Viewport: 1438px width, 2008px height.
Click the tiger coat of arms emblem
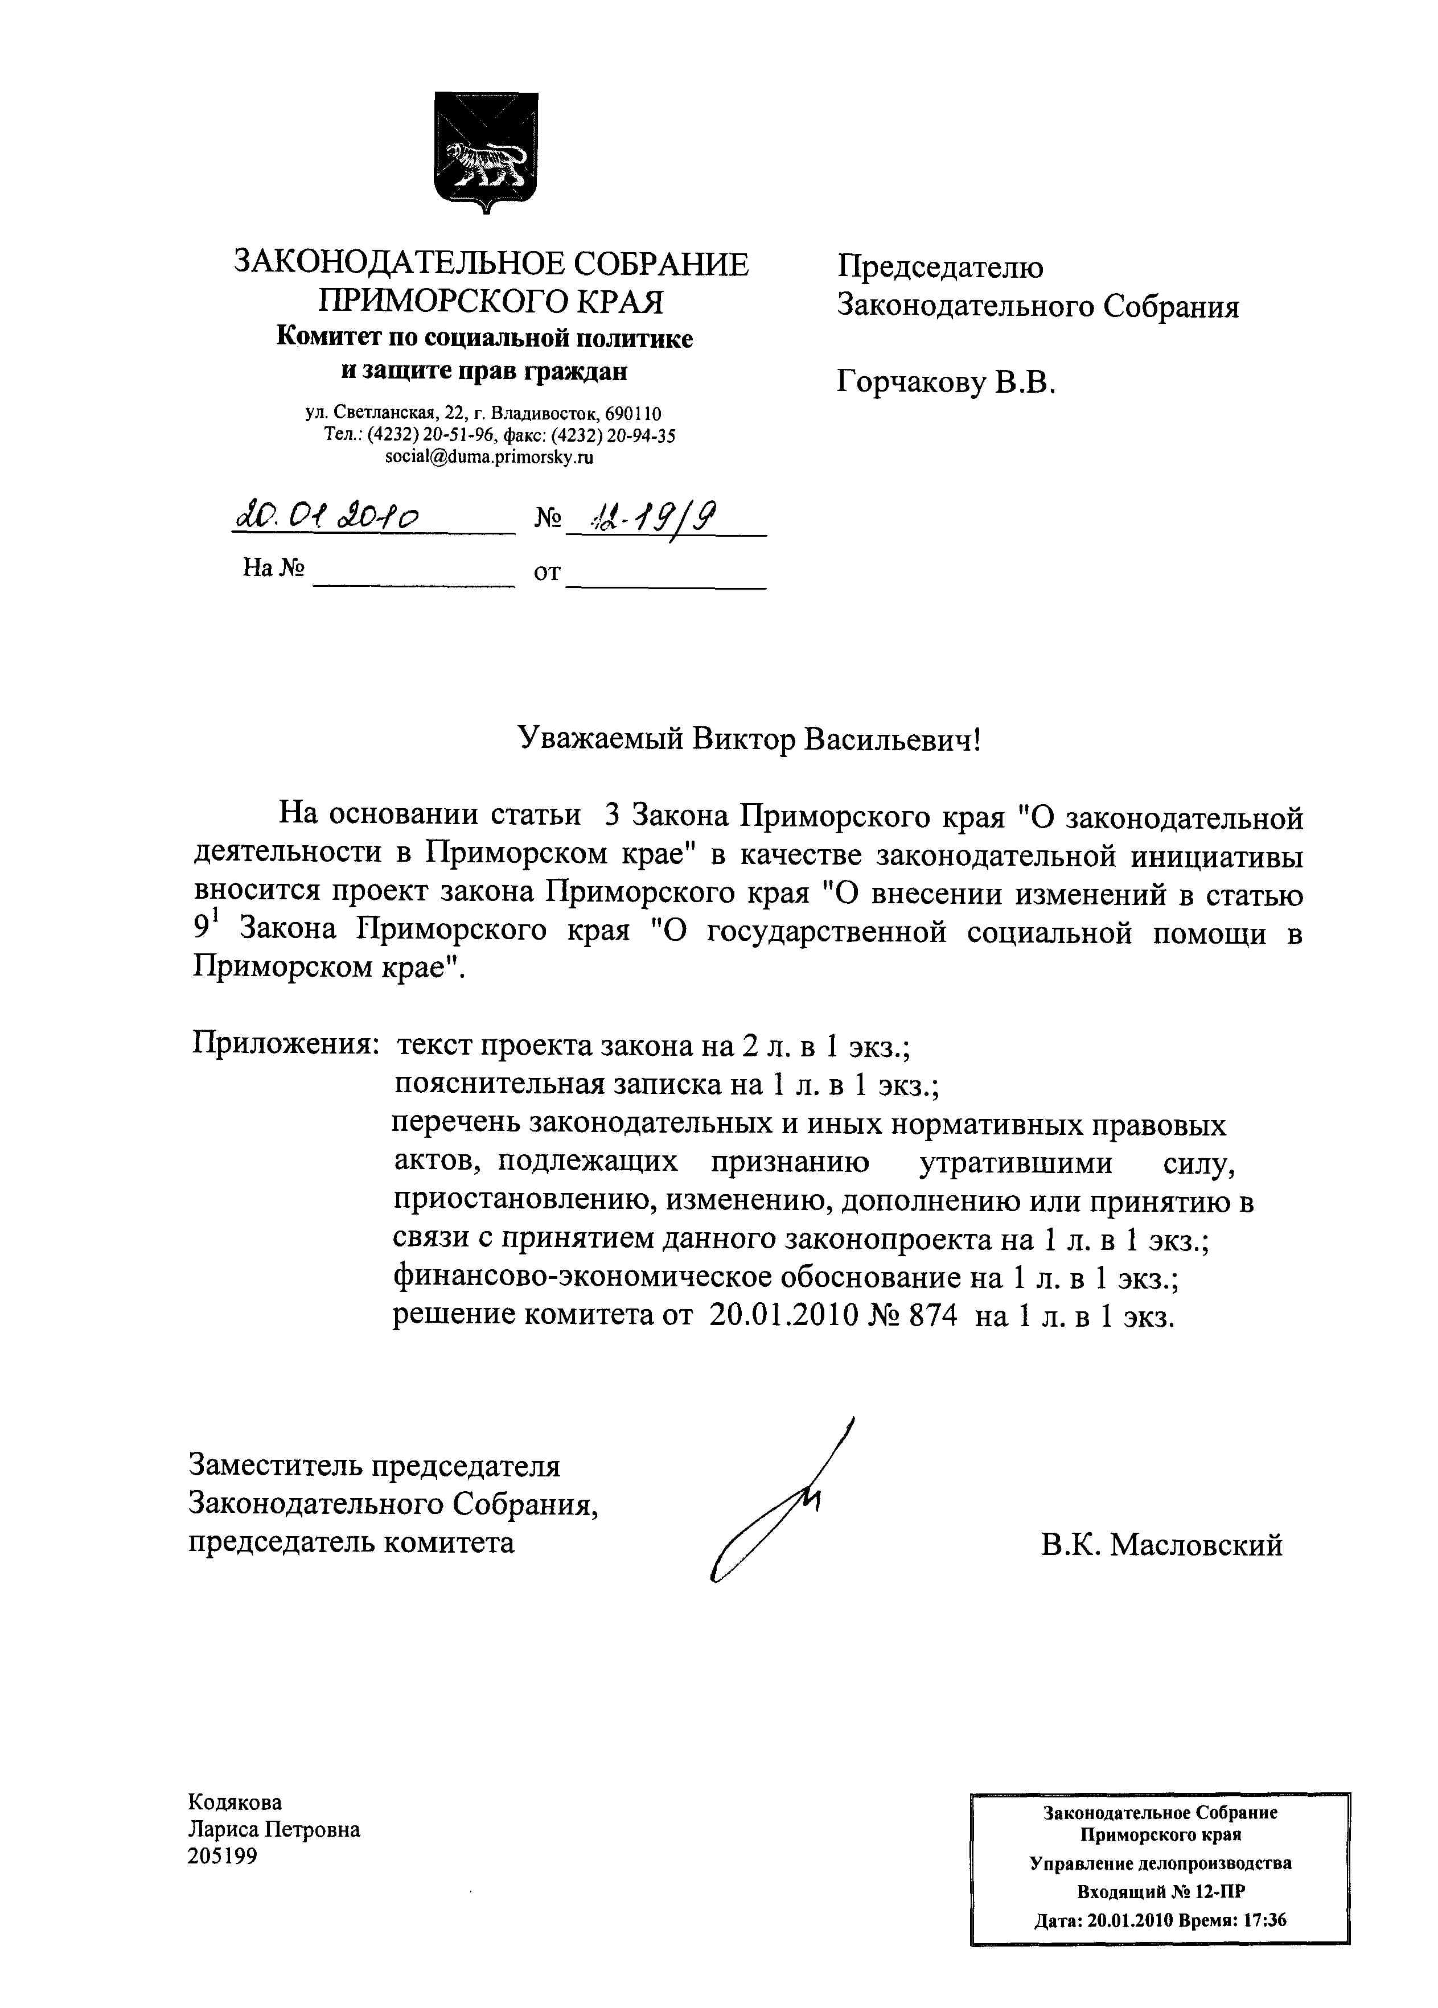tap(486, 150)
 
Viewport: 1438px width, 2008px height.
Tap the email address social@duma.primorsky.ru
tap(489, 458)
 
